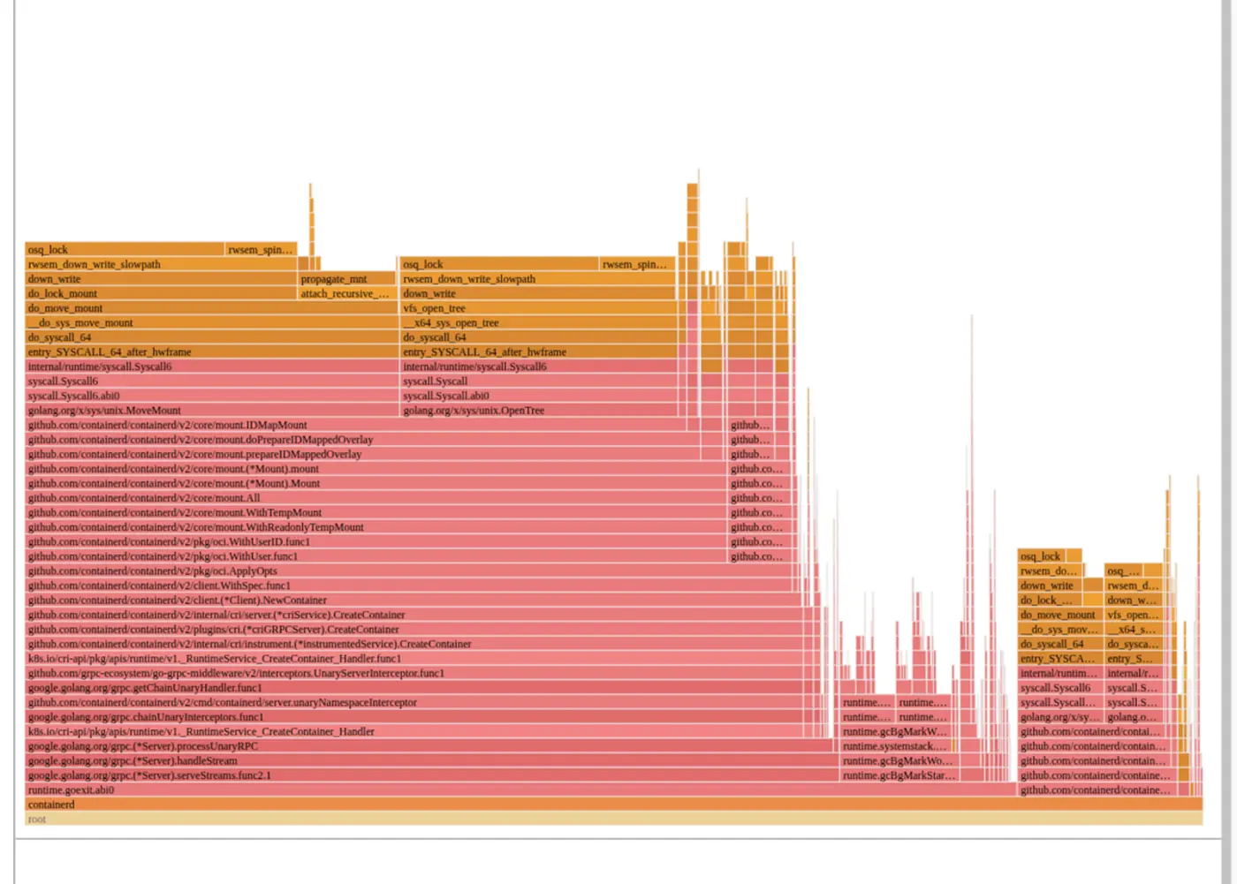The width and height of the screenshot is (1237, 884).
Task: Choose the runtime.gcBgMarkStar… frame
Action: point(898,775)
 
